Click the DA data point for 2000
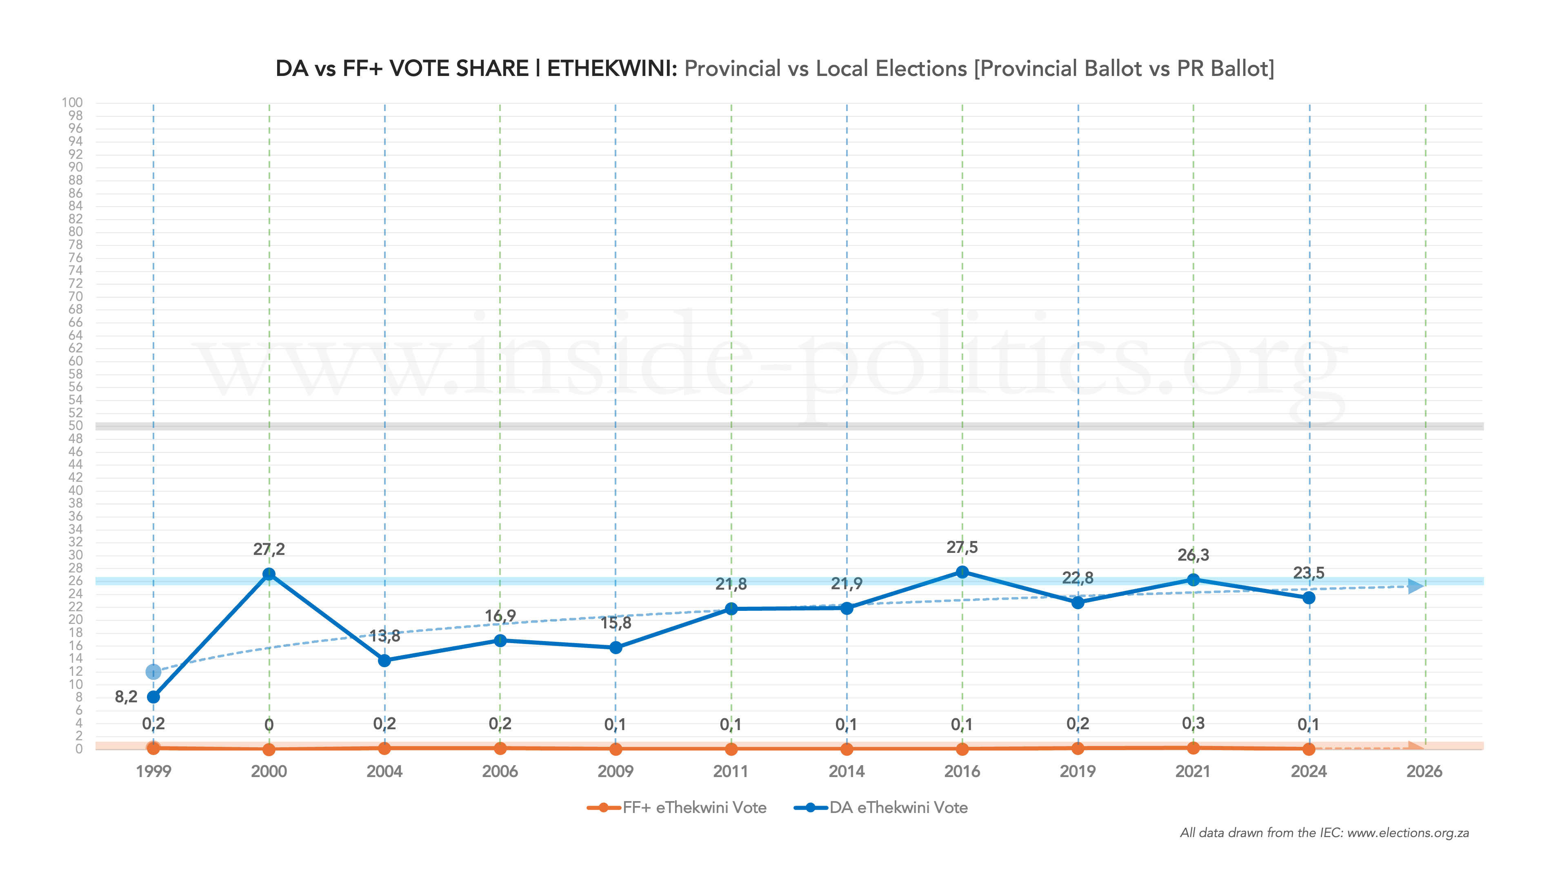[x=269, y=574]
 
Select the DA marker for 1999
[x=153, y=697]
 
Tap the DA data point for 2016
[x=962, y=572]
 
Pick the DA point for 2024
[x=1309, y=598]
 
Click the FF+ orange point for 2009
[x=616, y=749]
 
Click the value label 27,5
[x=962, y=547]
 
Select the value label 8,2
[x=126, y=697]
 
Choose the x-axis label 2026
[x=1424, y=771]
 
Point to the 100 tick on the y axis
[x=72, y=102]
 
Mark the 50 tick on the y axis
[x=75, y=425]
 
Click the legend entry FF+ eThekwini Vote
[x=694, y=807]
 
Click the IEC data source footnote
[x=1324, y=833]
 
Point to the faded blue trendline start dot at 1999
[x=153, y=672]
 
